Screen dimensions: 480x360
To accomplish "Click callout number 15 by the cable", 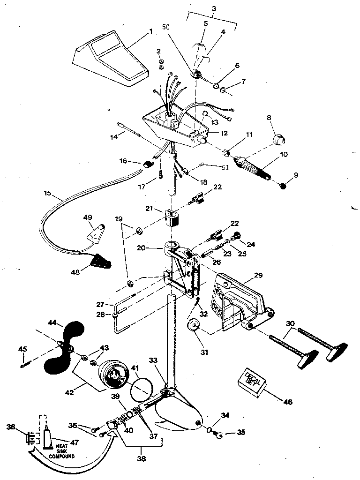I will tap(48, 193).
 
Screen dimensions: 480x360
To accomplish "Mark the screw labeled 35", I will tap(218, 436).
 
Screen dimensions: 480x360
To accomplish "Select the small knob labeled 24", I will tap(237, 235).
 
